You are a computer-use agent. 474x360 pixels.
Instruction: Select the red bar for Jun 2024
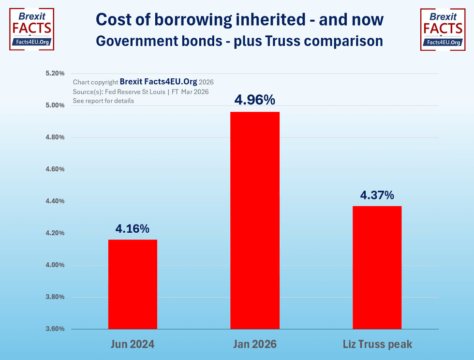click(x=133, y=284)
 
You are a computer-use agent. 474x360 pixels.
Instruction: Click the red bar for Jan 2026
click(x=254, y=220)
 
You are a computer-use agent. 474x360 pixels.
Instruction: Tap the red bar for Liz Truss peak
click(x=377, y=267)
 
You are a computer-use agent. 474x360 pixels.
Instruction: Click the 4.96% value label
click(x=254, y=100)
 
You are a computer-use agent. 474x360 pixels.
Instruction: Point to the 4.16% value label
click(x=133, y=228)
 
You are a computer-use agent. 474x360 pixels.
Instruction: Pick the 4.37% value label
click(x=377, y=195)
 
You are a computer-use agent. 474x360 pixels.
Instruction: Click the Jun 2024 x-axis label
click(x=133, y=345)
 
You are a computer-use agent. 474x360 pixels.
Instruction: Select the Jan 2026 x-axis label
click(x=254, y=345)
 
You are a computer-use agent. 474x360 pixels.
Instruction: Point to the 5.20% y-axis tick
click(x=54, y=74)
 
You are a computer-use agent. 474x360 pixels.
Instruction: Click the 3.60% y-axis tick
click(x=54, y=329)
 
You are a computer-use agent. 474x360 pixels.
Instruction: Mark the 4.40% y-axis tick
click(x=54, y=201)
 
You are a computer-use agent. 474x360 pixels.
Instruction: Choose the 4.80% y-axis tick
click(x=54, y=137)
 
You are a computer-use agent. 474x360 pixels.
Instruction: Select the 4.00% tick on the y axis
click(x=54, y=265)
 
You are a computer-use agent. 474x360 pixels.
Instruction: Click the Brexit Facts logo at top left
click(x=32, y=30)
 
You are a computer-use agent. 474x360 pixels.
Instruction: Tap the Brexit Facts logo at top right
click(x=442, y=30)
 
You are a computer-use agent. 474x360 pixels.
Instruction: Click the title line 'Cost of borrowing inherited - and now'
click(x=239, y=19)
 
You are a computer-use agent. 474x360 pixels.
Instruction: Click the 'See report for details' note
click(x=103, y=101)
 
